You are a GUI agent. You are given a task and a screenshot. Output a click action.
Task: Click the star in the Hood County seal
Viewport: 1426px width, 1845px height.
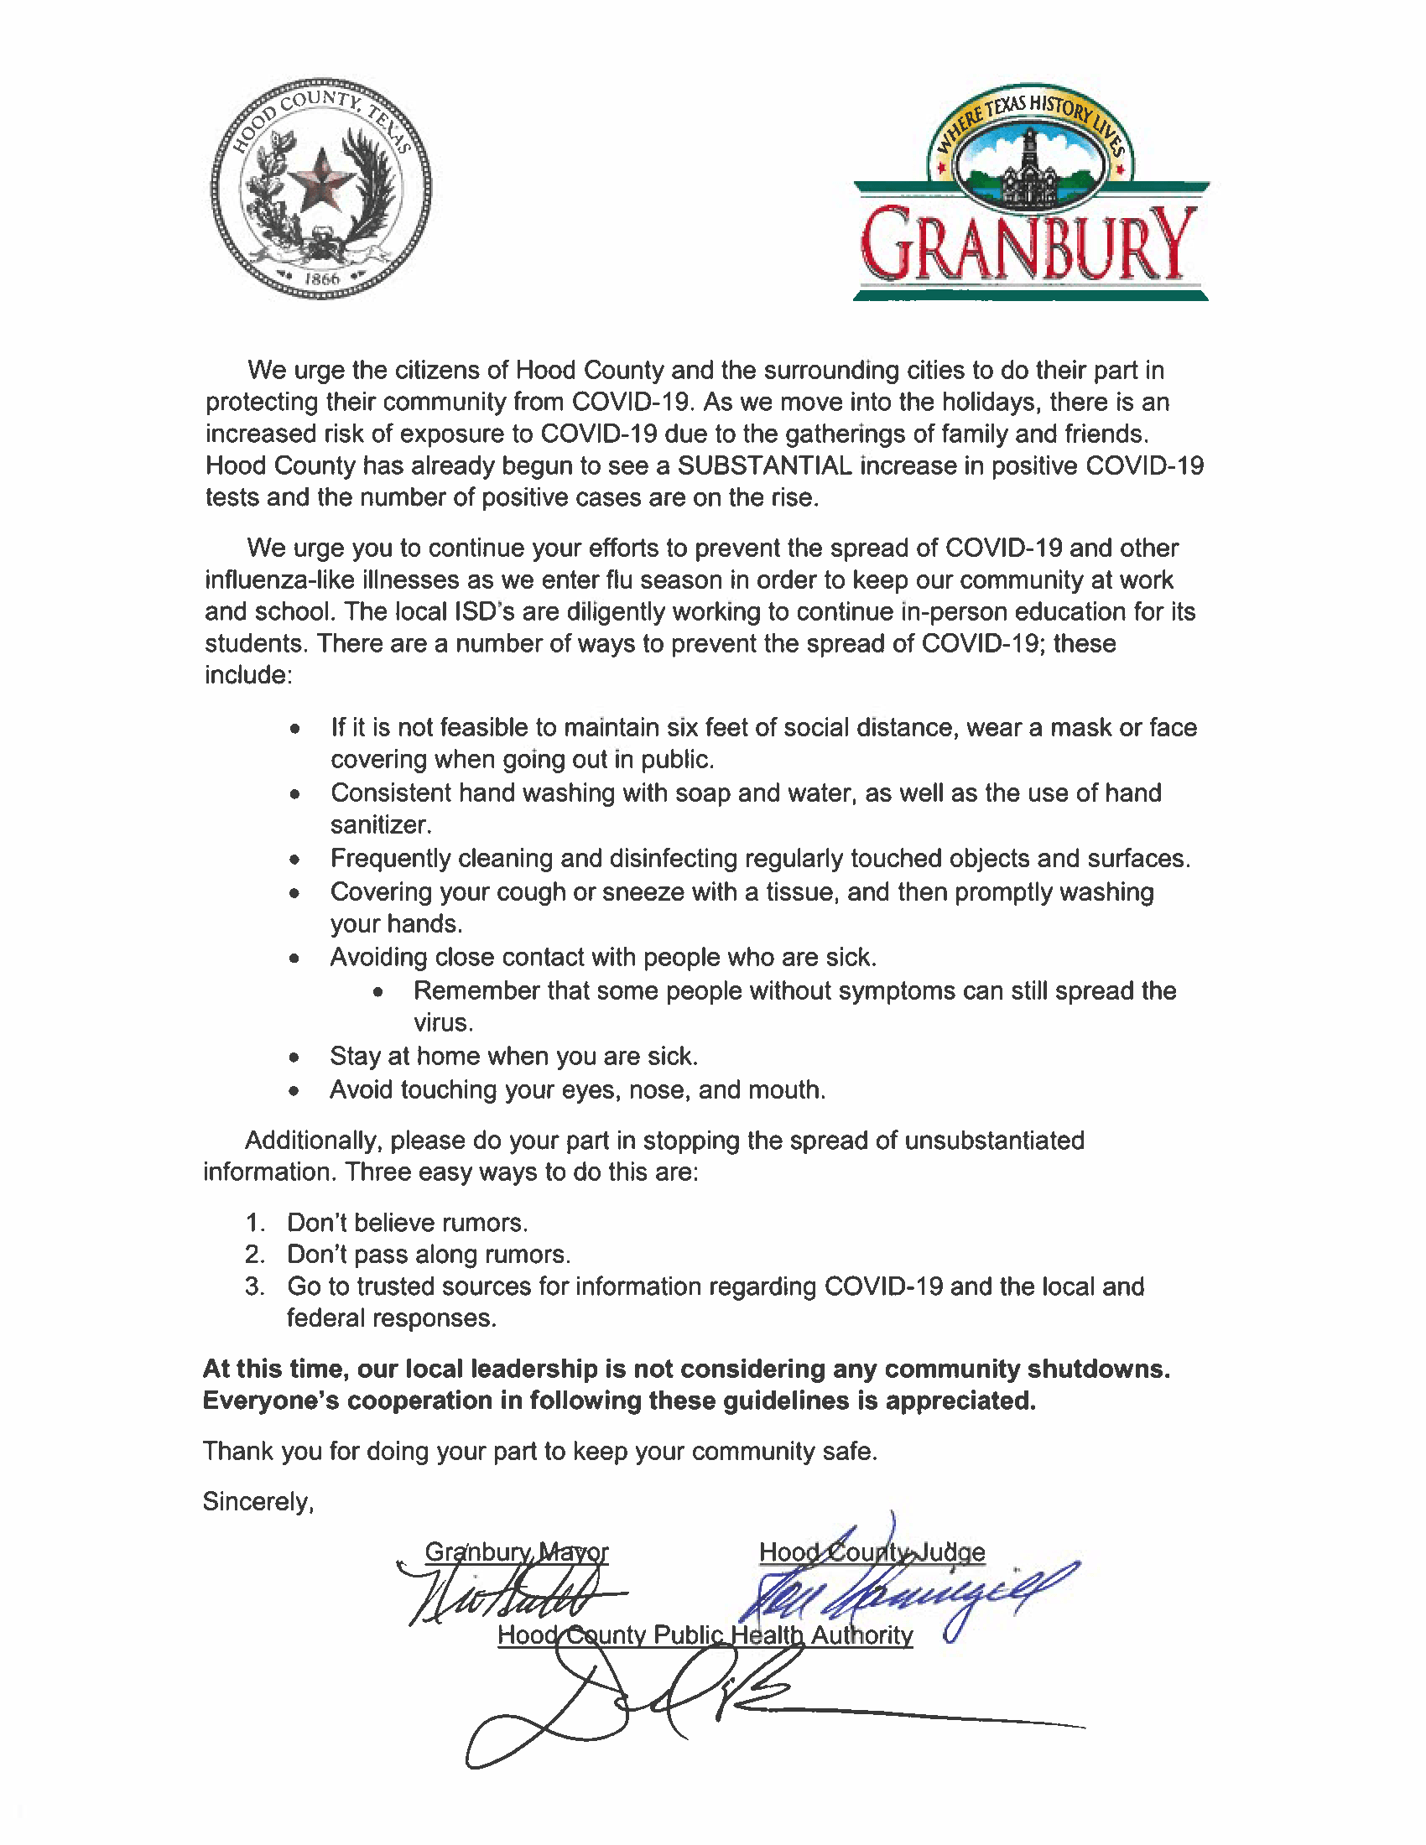[320, 180]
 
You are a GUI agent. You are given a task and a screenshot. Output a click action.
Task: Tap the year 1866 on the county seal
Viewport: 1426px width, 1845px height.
[321, 278]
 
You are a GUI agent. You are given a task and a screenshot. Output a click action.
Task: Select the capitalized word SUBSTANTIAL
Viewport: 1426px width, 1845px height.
[764, 465]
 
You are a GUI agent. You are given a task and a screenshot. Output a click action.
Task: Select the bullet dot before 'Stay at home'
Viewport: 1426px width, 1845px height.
[294, 1057]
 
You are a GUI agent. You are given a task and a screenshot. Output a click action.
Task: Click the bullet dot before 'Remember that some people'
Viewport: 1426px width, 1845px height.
[377, 992]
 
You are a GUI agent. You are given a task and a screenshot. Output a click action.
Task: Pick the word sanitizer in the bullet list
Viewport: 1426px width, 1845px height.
[380, 825]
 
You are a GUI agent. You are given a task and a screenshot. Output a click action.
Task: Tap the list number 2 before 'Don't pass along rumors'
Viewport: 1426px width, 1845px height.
[254, 1255]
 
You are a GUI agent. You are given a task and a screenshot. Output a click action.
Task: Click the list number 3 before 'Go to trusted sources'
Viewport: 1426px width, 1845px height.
[254, 1286]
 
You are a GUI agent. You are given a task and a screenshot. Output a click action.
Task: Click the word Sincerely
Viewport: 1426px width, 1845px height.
[258, 1501]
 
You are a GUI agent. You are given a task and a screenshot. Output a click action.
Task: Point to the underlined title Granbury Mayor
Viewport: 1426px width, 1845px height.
[516, 1551]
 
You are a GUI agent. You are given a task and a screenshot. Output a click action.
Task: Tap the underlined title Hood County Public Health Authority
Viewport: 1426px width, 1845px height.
[705, 1635]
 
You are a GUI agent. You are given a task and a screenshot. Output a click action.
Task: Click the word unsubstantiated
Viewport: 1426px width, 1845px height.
[994, 1141]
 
